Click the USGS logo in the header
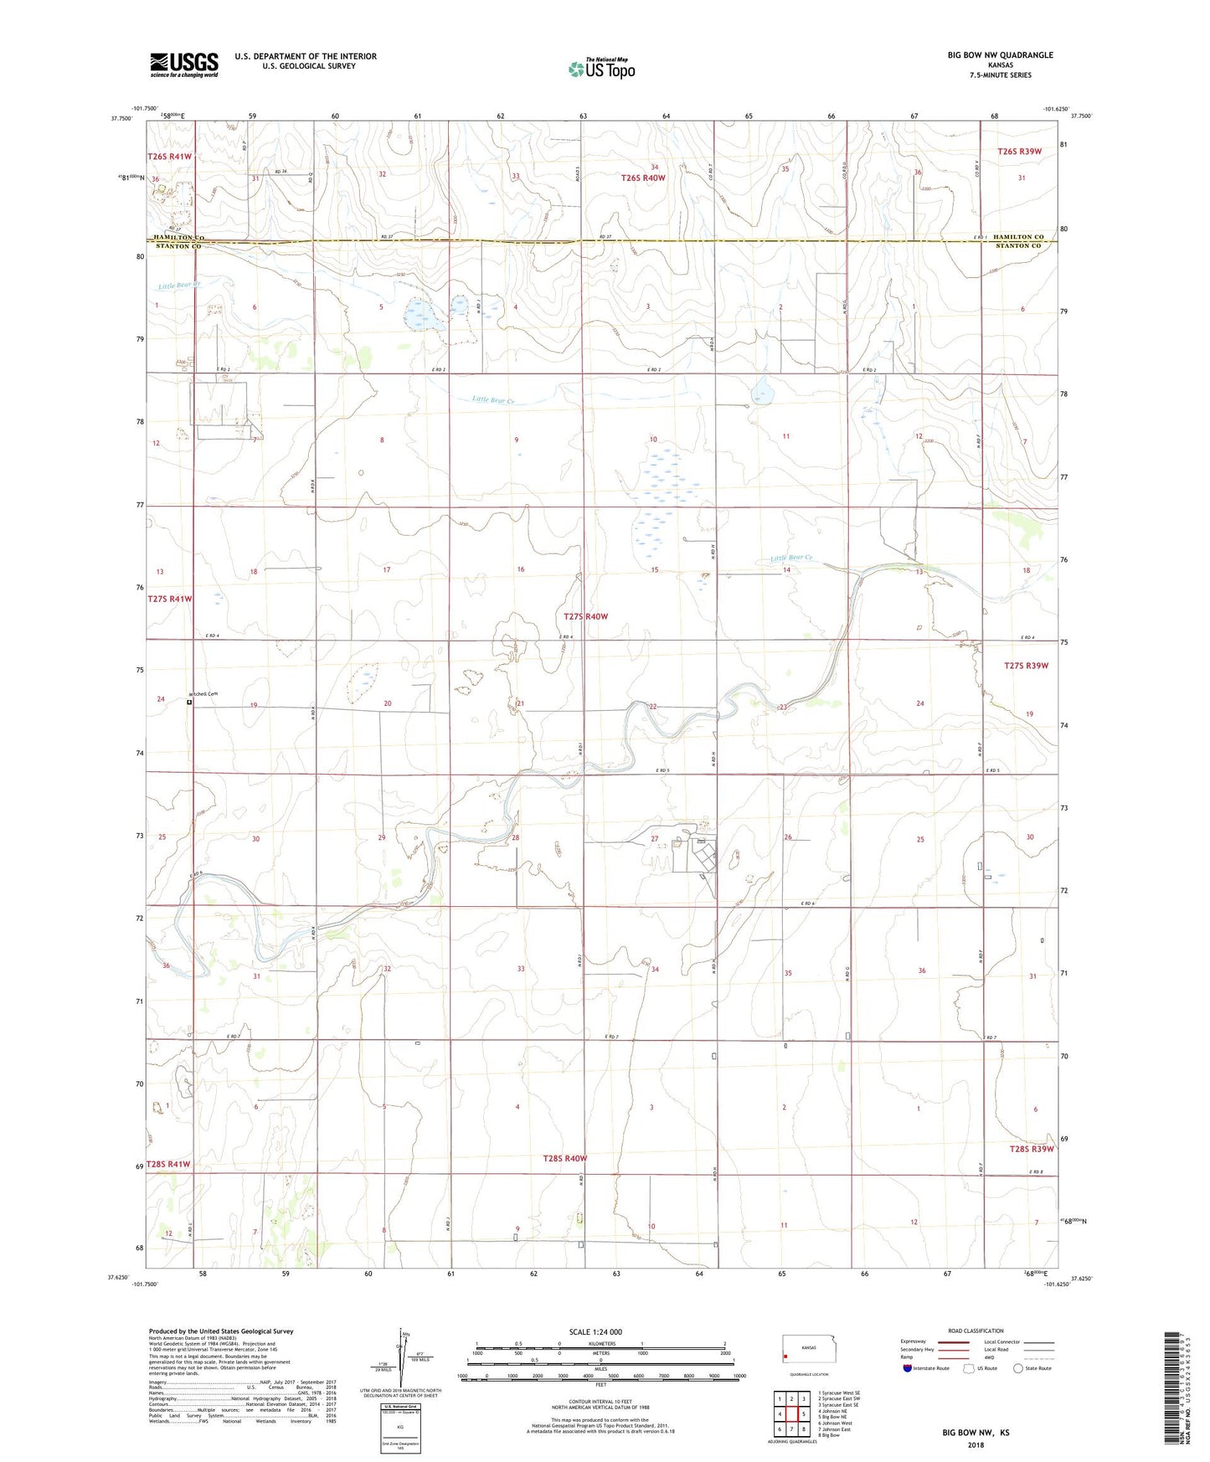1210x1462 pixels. coord(183,64)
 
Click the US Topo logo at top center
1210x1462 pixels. coord(601,69)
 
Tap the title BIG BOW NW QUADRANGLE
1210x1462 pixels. coord(1000,55)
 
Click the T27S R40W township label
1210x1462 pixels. coord(585,616)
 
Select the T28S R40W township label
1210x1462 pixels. coord(564,1158)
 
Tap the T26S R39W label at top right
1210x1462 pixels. coord(1019,152)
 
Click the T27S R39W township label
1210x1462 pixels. coord(1026,666)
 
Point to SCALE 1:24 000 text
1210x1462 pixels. coord(595,1331)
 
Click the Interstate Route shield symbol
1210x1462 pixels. coord(908,1368)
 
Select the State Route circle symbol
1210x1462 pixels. coord(1018,1368)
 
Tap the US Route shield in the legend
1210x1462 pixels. coord(970,1368)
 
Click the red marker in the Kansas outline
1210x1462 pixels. coord(785,1357)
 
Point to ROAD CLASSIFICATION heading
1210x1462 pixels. coord(976,1331)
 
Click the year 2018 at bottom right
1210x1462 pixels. coord(976,1444)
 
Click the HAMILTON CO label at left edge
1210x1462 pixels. coord(178,238)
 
